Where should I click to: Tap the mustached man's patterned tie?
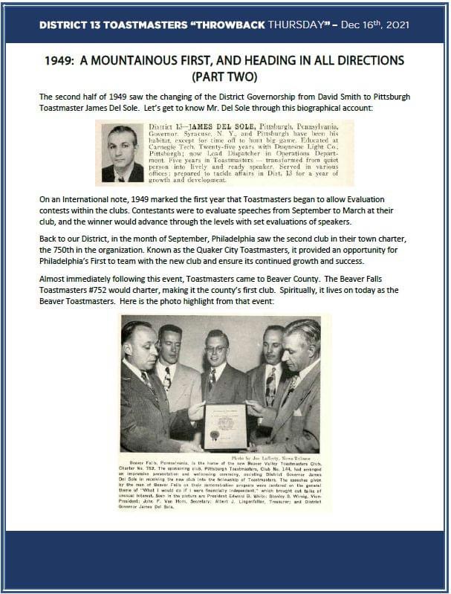coord(270,387)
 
